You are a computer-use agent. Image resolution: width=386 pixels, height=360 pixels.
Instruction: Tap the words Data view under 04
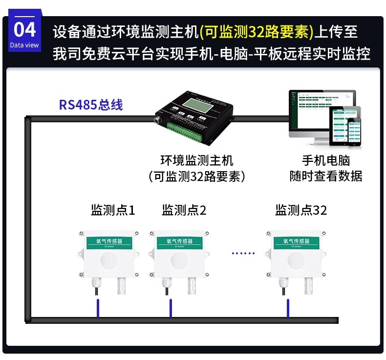(24, 45)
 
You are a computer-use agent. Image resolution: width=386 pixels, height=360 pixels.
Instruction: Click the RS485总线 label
(91, 105)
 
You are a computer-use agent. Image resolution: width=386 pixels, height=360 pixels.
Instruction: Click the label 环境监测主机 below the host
(196, 160)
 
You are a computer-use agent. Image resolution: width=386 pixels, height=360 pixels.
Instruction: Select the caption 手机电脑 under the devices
(326, 160)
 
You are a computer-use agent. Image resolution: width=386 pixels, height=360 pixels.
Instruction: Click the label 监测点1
(113, 210)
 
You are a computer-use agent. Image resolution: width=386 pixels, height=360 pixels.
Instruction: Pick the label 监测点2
(184, 210)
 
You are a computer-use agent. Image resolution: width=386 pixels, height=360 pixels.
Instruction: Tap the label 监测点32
(301, 210)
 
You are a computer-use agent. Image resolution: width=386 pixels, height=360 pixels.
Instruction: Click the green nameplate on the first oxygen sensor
(107, 242)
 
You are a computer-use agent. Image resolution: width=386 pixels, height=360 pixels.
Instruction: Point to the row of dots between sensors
(243, 253)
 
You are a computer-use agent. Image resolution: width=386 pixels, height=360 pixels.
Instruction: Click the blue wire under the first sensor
(98, 308)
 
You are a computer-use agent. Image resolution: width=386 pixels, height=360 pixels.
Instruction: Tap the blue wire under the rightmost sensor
(287, 308)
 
